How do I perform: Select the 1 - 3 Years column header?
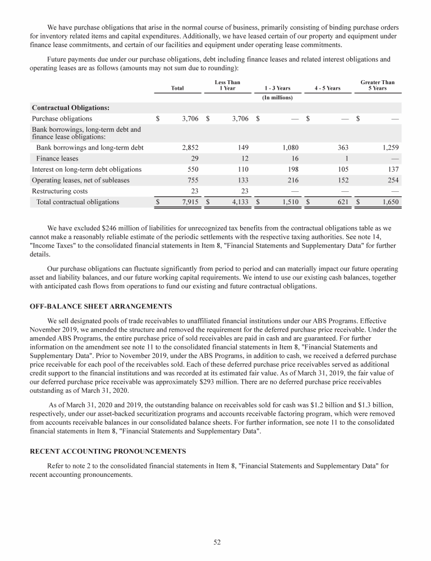[x=276, y=88]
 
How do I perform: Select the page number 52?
[x=215, y=542]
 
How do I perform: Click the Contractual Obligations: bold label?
[x=71, y=107]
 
